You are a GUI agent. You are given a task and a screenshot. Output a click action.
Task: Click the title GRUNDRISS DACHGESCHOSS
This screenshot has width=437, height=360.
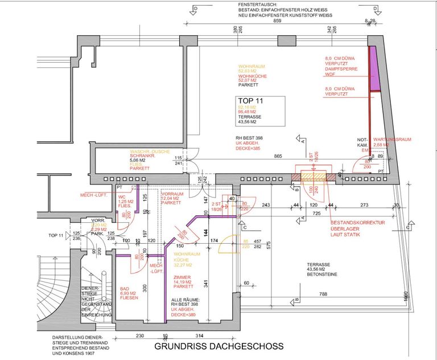click(x=218, y=346)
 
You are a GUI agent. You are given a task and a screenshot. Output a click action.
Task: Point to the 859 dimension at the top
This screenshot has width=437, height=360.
click(x=277, y=21)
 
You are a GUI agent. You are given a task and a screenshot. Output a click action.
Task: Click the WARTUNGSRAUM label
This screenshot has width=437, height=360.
click(x=392, y=139)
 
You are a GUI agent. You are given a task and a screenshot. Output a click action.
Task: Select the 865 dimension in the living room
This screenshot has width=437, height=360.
click(x=278, y=156)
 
